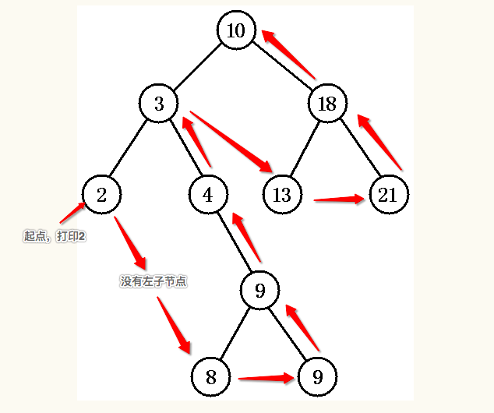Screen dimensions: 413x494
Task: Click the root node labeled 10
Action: (236, 30)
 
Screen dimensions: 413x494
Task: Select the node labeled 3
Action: (159, 104)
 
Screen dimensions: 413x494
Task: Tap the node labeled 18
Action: (327, 104)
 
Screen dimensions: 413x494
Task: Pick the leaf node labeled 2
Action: (102, 194)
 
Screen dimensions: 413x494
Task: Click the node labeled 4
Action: (208, 194)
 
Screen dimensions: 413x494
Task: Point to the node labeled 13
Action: (282, 194)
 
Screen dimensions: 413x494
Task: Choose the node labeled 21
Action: (387, 194)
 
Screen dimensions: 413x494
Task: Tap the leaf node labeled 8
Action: (211, 377)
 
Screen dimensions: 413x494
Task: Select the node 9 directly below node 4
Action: (260, 291)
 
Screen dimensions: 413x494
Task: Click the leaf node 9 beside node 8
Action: (317, 377)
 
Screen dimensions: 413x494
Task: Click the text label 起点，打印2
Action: (55, 235)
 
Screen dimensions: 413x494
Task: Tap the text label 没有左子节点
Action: (153, 281)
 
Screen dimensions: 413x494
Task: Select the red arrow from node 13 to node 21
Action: (339, 200)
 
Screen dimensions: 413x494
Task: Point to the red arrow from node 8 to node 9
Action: (266, 379)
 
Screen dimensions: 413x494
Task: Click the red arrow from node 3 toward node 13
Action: (231, 141)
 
